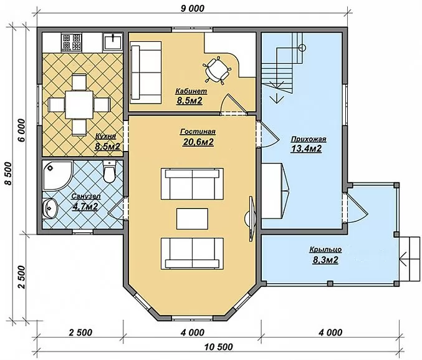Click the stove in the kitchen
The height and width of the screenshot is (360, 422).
72,42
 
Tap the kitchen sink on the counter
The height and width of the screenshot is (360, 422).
113,42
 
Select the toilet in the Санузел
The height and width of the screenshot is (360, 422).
109,172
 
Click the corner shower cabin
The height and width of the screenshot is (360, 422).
57,176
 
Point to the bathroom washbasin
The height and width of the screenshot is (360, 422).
50,208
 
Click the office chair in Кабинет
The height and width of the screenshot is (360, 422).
217,70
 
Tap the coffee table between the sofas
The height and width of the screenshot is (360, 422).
192,218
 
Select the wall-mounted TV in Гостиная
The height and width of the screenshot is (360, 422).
251,218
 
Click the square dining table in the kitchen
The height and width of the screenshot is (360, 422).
79,104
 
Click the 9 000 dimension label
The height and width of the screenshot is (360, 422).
192,8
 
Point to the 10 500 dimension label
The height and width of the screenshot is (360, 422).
218,347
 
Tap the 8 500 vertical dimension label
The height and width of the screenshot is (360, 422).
8,173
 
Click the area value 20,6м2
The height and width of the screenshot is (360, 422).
198,142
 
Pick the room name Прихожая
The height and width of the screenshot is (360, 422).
309,139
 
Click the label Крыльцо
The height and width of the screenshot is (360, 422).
325,250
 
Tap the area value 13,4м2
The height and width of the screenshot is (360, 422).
306,148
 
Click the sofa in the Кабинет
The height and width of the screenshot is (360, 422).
146,72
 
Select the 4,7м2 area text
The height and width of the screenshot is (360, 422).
85,207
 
